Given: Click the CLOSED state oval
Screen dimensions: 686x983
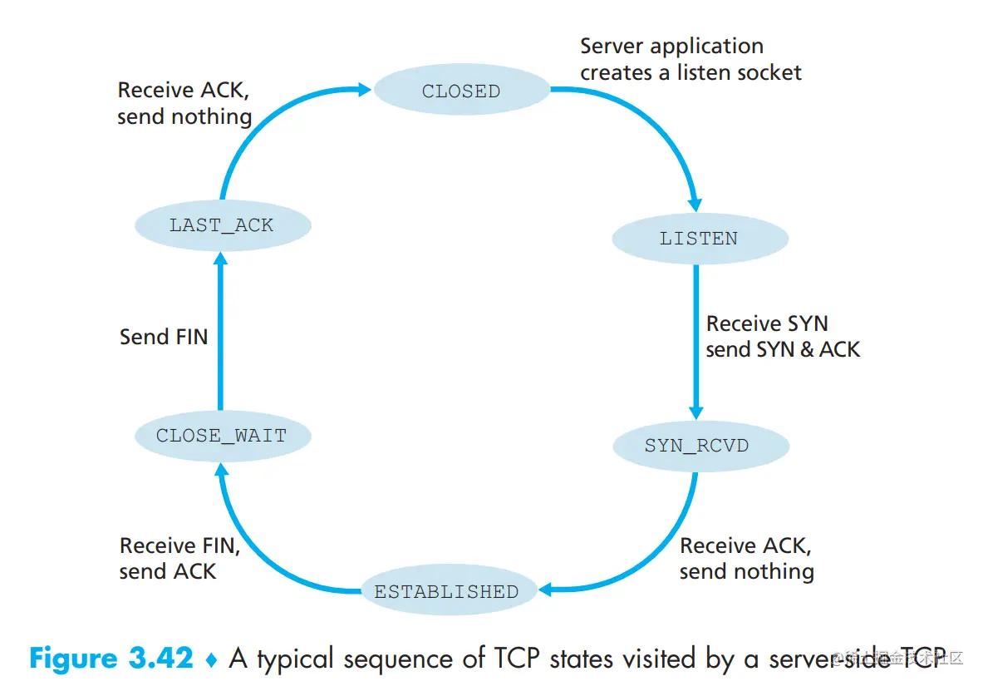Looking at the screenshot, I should [x=461, y=91].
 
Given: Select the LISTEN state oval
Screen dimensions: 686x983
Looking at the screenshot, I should [x=699, y=239].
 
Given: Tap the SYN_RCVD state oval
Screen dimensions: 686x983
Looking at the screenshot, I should [x=696, y=446].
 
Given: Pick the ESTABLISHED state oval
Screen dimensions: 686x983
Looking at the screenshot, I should [x=446, y=592].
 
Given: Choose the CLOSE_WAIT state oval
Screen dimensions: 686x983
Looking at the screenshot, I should [x=221, y=435].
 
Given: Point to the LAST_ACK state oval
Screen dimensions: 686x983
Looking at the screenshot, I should [x=221, y=225].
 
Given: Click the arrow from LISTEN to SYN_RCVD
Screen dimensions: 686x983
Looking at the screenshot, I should [x=696, y=341].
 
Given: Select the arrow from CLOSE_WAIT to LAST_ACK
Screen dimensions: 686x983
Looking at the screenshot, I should [x=221, y=333].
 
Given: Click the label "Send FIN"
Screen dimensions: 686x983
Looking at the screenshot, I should [x=164, y=336].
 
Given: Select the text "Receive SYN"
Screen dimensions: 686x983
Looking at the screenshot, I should [x=767, y=323].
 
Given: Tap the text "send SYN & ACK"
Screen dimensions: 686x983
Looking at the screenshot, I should [x=783, y=349].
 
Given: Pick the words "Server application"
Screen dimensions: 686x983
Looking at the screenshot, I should [x=671, y=47].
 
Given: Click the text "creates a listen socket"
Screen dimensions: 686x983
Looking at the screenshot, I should [x=691, y=73].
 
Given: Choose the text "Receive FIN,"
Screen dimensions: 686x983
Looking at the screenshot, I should [x=180, y=545].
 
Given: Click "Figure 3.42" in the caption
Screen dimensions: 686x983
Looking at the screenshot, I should [x=111, y=659].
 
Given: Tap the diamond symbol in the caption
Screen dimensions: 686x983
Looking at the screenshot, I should [x=211, y=659].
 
